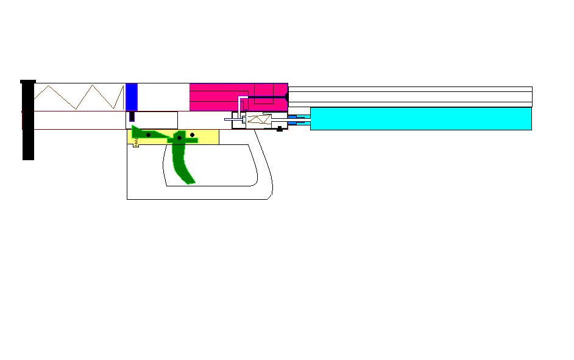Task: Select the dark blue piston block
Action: pos(131,97)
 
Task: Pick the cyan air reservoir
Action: pos(420,118)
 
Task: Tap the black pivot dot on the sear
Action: pos(148,135)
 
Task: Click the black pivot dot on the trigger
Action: pos(179,138)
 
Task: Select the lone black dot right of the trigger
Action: pos(193,135)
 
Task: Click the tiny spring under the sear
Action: pos(136,144)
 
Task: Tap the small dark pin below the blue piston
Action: pos(131,116)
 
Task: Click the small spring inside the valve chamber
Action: pos(257,120)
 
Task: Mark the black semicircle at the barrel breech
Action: pos(286,96)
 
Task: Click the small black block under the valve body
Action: pos(280,129)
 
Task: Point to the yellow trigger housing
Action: pos(207,137)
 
